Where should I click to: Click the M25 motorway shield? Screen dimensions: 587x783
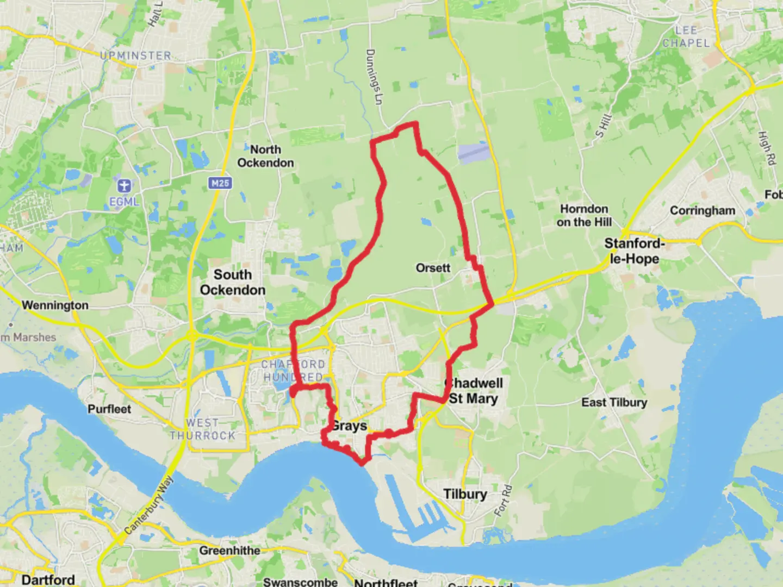click(220, 183)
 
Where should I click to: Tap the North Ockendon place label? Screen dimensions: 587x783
click(265, 156)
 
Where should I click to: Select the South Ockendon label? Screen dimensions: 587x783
click(233, 282)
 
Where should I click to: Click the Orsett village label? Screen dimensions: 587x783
click(433, 268)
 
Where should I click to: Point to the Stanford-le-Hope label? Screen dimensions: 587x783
click(635, 251)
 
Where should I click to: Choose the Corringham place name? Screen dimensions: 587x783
click(703, 210)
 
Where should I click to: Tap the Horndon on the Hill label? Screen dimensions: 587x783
click(585, 215)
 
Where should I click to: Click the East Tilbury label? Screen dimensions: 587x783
click(614, 402)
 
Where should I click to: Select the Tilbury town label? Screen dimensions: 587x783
click(465, 494)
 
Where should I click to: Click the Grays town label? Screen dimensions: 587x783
click(350, 426)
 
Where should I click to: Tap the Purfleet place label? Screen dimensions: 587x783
click(109, 409)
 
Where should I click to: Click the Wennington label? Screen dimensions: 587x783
click(55, 305)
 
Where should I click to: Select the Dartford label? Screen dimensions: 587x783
click(48, 579)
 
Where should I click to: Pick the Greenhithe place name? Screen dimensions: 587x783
click(229, 551)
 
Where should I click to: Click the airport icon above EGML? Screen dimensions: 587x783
click(124, 185)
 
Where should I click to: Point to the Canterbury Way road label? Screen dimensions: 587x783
click(148, 505)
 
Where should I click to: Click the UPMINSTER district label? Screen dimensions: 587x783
click(136, 55)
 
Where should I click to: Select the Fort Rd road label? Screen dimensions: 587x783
click(504, 501)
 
